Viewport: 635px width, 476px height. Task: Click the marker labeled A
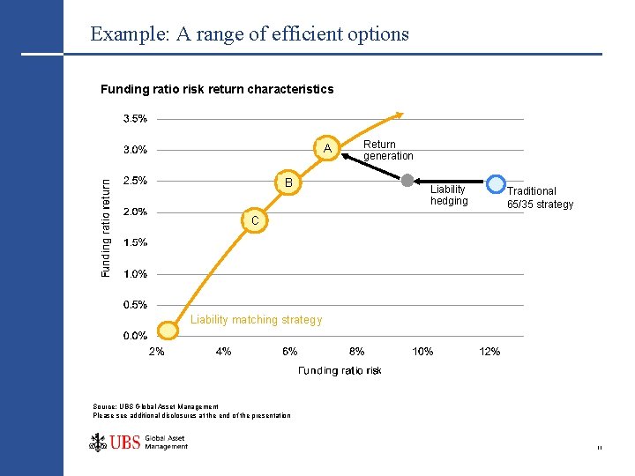click(326, 148)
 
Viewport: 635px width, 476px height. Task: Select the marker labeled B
click(288, 182)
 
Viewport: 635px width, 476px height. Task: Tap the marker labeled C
click(253, 219)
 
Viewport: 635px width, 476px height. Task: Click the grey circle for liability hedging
click(407, 181)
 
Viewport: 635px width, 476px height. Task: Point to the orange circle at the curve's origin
click(165, 331)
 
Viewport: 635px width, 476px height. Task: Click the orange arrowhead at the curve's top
click(400, 113)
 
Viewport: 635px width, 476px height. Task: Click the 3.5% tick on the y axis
click(134, 118)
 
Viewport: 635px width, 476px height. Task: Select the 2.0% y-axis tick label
click(134, 212)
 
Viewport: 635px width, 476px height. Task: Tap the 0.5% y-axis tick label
click(134, 305)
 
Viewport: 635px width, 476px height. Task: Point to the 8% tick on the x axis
click(356, 352)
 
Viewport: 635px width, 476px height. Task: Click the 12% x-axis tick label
click(489, 352)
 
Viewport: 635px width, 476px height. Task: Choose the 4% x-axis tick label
click(223, 352)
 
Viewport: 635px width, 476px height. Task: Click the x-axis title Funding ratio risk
click(340, 371)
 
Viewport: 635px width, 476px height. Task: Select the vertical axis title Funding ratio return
click(107, 228)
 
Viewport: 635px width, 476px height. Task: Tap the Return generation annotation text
click(387, 150)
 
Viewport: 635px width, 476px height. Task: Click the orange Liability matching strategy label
click(256, 320)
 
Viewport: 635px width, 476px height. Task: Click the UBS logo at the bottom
click(138, 442)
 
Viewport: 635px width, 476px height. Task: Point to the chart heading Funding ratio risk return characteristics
click(217, 89)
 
